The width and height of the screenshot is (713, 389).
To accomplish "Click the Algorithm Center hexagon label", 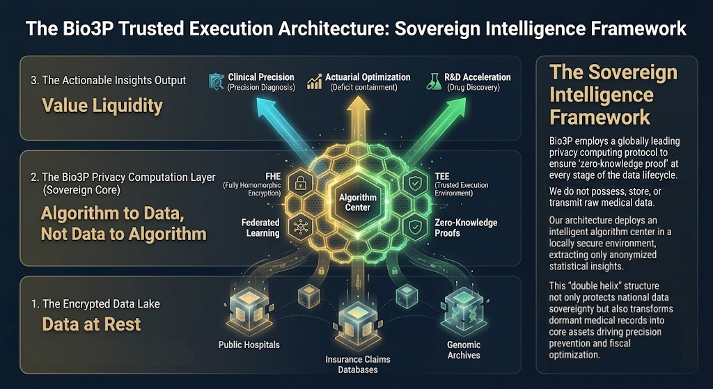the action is pyautogui.click(x=358, y=203).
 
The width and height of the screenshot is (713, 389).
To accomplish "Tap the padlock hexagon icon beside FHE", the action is pyautogui.click(x=300, y=184).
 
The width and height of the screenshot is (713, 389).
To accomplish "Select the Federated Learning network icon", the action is pyautogui.click(x=301, y=228).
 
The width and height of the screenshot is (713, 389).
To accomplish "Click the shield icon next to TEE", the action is pyautogui.click(x=416, y=184).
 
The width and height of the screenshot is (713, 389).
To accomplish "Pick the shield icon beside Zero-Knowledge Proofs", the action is pyautogui.click(x=415, y=228).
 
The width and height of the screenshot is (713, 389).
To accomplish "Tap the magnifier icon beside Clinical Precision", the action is pyautogui.click(x=217, y=81).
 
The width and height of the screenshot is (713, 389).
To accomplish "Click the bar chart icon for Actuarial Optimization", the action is pyautogui.click(x=314, y=82).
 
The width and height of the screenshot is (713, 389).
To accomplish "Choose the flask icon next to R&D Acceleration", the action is pyautogui.click(x=434, y=81).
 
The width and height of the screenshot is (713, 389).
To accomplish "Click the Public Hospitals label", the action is pyautogui.click(x=249, y=344).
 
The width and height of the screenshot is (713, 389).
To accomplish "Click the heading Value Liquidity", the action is pyautogui.click(x=102, y=106).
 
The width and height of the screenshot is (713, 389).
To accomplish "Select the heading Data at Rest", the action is pyautogui.click(x=91, y=324).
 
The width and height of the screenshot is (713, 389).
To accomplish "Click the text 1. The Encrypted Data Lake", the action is pyautogui.click(x=95, y=303).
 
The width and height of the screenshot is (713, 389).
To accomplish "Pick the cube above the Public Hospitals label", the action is pyautogui.click(x=249, y=312).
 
